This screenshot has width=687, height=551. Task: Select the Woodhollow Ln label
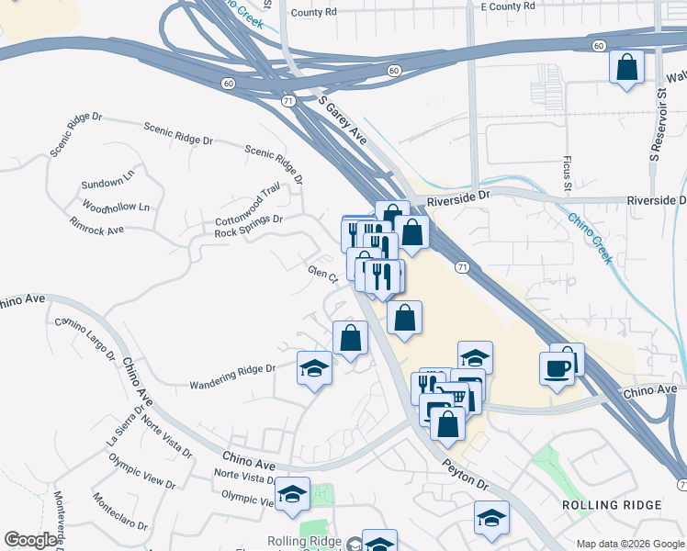pos(116,206)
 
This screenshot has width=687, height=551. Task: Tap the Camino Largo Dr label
pos(84,338)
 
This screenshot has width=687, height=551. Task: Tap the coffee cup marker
pos(557,369)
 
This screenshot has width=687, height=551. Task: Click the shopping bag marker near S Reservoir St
pos(626,67)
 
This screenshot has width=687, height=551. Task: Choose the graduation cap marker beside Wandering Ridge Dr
pos(314,369)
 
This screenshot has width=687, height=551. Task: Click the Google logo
pos(31,540)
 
